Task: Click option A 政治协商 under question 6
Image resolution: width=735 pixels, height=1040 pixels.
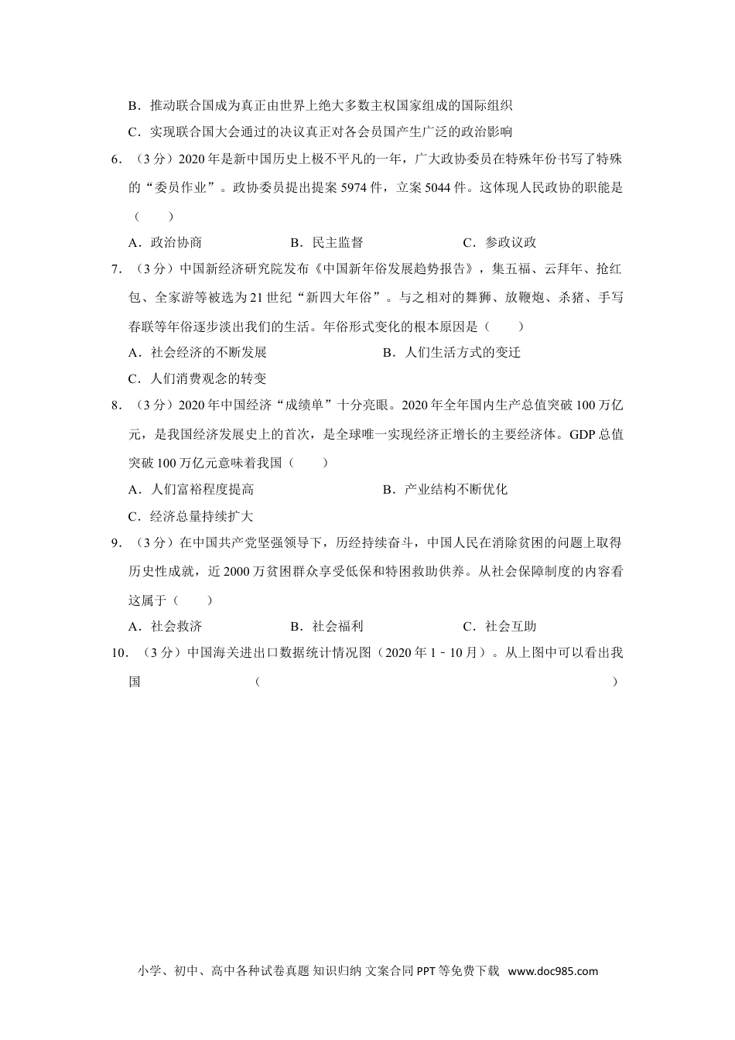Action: [x=166, y=242]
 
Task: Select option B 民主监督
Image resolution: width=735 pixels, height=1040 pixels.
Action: [x=326, y=242]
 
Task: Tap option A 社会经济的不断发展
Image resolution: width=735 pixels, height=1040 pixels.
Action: [x=198, y=352]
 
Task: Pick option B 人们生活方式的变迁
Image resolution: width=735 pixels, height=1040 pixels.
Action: [x=452, y=352]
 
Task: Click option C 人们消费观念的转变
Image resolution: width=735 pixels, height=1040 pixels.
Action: [x=198, y=378]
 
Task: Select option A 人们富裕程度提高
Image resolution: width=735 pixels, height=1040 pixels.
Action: [x=192, y=489]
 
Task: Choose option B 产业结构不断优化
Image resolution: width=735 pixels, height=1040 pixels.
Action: [x=446, y=489]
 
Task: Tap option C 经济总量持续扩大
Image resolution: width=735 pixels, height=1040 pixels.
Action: [x=192, y=516]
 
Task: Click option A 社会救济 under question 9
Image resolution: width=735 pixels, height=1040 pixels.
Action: [x=166, y=626]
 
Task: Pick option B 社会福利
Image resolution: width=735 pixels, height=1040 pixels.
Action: [x=326, y=626]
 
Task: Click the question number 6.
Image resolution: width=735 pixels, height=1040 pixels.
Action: [x=116, y=159]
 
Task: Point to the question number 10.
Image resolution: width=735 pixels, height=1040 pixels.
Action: [x=119, y=652]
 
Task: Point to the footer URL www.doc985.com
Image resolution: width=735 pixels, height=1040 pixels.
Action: [x=553, y=971]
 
